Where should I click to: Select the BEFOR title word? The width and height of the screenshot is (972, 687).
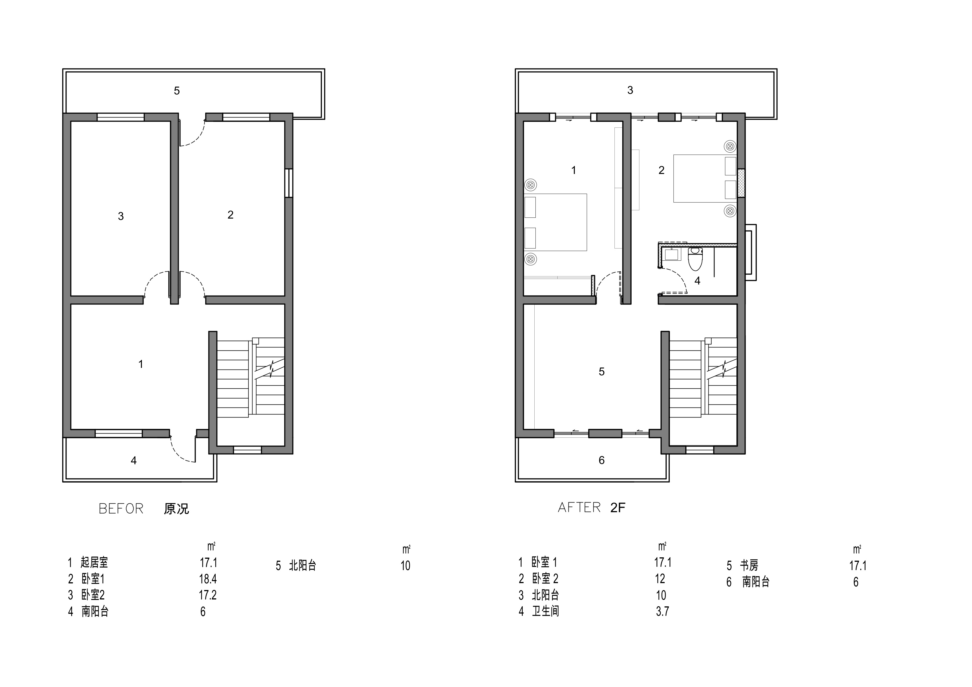point(121,509)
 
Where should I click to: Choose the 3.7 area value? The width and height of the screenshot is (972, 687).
point(662,611)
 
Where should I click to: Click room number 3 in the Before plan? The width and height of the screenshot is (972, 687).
point(121,216)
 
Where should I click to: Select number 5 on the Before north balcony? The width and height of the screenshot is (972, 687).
point(177,91)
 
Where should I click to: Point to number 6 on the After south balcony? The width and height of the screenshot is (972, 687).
point(601,460)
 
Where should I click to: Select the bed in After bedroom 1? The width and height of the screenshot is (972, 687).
point(555,222)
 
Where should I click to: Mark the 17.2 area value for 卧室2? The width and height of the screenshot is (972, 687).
point(208,595)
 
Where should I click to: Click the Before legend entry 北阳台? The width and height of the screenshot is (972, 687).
point(302,566)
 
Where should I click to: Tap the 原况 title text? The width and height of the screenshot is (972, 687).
point(176,509)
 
